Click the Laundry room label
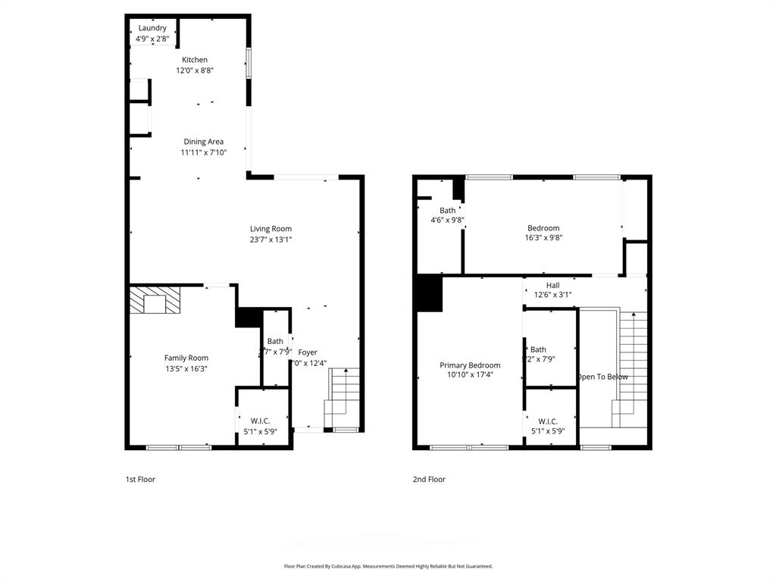(152, 28)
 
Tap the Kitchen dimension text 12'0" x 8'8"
(195, 70)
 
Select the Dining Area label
(203, 142)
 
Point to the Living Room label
(271, 229)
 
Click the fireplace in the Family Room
(155, 300)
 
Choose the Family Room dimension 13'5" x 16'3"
(186, 369)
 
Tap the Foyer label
(307, 352)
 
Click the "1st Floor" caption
(140, 479)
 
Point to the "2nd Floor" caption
(429, 479)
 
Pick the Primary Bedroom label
(470, 365)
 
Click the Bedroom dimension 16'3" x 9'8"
(543, 237)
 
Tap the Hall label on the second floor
(552, 285)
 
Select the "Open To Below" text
(602, 377)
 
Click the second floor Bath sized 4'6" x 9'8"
(447, 211)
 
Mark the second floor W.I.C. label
(548, 421)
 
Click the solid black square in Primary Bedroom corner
(428, 294)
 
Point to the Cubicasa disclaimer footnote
(388, 566)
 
